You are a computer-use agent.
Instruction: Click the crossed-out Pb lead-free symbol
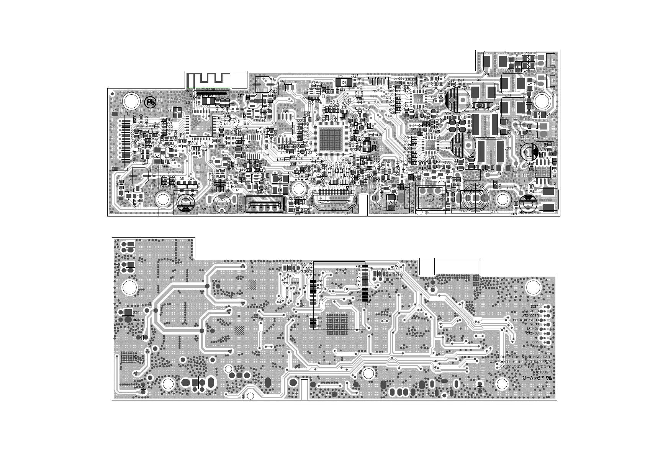[x=150, y=102]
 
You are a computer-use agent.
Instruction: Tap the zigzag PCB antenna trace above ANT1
[x=209, y=80]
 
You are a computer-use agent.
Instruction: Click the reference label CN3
[x=115, y=110]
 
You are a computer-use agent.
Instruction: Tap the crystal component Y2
[x=177, y=112]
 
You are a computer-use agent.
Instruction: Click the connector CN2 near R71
[x=288, y=88]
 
